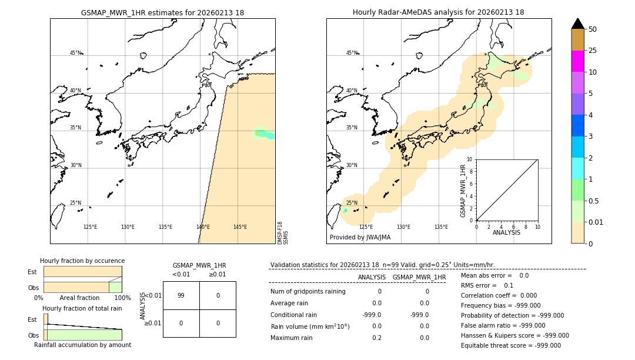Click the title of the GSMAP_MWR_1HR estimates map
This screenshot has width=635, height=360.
(162, 12)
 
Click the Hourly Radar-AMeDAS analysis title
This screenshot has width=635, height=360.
(438, 12)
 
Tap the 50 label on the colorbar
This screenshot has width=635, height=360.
(593, 29)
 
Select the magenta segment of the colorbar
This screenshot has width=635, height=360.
(577, 61)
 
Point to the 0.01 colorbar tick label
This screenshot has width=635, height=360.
(597, 222)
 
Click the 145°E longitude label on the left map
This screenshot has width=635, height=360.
(240, 227)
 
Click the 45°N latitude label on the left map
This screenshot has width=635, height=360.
(75, 53)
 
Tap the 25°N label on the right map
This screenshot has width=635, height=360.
(352, 204)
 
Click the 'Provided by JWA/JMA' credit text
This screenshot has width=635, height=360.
(360, 238)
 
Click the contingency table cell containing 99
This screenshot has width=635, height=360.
(181, 295)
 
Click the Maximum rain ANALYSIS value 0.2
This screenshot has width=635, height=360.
(376, 338)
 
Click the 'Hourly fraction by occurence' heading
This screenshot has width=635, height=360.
(82, 261)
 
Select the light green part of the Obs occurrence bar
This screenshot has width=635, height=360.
(115, 287)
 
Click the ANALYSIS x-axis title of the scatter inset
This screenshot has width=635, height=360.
(507, 233)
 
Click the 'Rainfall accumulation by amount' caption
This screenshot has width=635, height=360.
(82, 345)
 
